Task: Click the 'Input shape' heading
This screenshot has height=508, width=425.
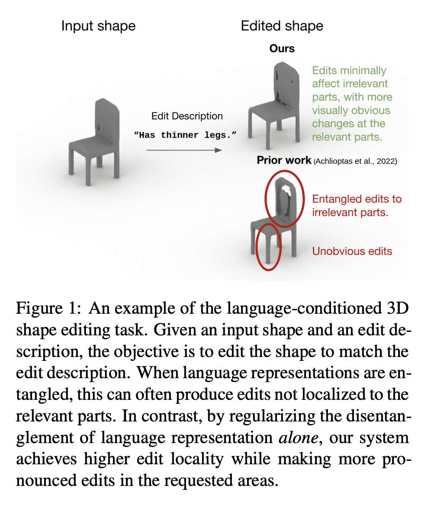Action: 98,26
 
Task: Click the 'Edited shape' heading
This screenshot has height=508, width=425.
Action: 282,26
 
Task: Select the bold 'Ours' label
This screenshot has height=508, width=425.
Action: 282,48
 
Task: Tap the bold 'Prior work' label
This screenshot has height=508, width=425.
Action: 284,161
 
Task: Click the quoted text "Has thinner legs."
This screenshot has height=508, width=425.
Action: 186,135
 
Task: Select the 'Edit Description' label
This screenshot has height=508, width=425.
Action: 187,116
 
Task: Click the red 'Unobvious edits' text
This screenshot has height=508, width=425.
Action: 352,251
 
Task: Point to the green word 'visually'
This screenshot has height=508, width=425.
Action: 333,110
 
